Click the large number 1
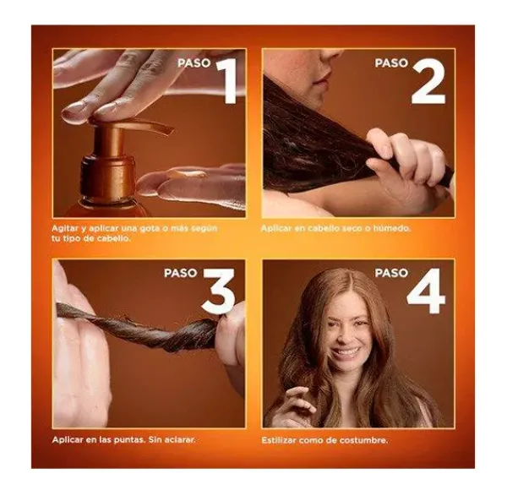(x=227, y=81)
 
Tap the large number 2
(x=428, y=81)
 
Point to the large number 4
(x=426, y=291)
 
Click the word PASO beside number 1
(x=194, y=63)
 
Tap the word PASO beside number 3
(x=181, y=273)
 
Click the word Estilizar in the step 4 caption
(x=279, y=440)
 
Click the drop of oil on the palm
(x=190, y=174)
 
